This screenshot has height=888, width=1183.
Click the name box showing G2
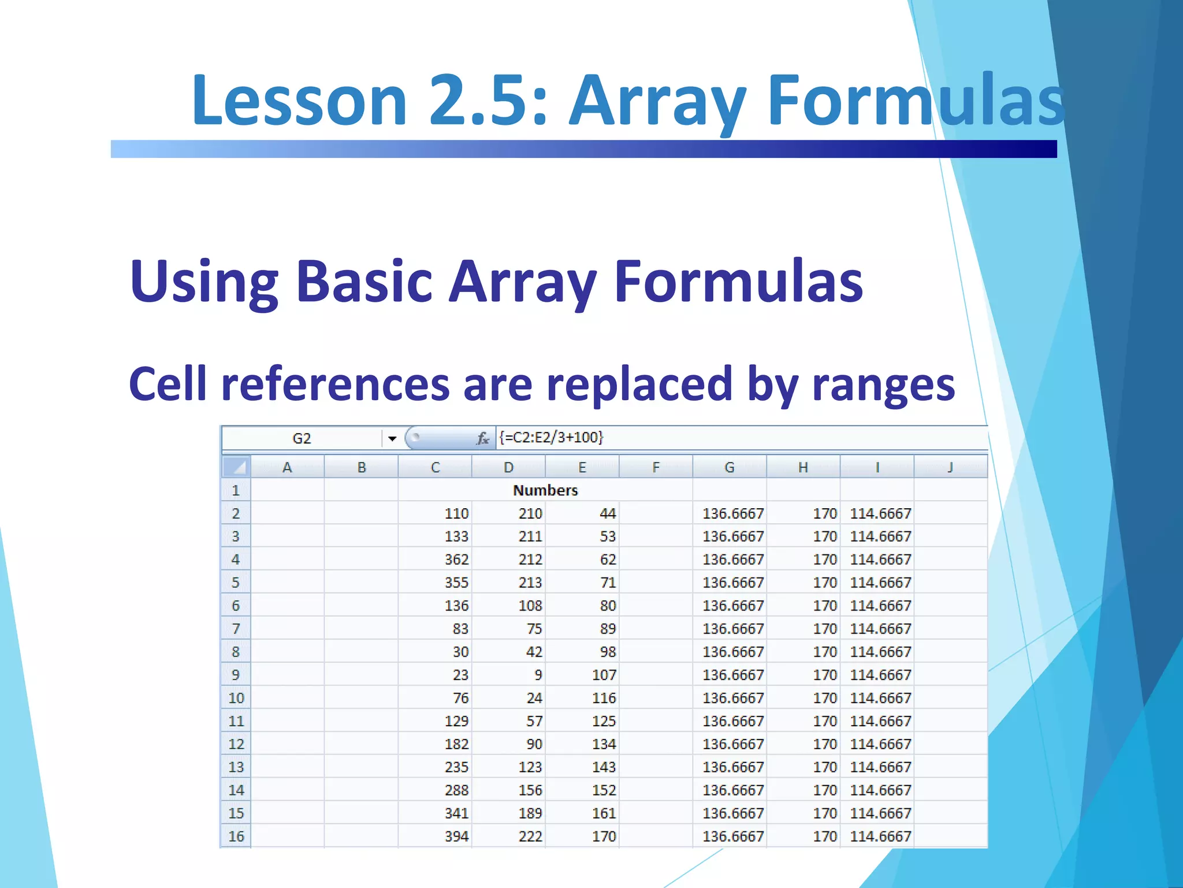(302, 438)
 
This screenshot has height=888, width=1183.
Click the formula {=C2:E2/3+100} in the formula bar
(551, 437)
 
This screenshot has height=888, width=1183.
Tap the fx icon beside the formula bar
(483, 439)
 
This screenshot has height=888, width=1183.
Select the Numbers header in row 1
(545, 490)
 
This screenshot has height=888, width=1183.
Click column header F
(656, 467)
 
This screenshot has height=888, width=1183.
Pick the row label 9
(236, 675)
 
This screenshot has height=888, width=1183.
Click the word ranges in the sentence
(883, 384)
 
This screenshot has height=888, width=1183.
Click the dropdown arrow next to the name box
(392, 439)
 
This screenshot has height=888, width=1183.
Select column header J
(950, 467)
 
